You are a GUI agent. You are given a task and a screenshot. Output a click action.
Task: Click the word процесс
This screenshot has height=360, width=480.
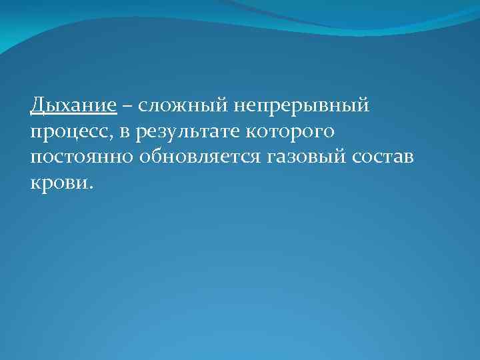click(71, 133)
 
